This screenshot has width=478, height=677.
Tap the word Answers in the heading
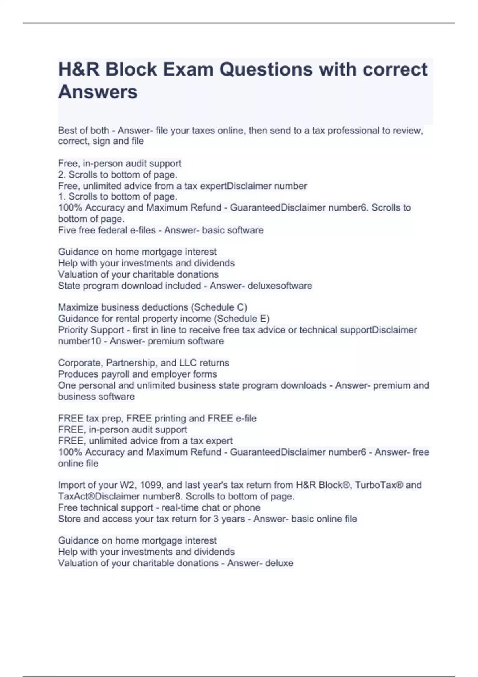tap(98, 92)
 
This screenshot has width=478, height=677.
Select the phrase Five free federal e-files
tap(107, 230)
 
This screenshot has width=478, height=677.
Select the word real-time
tap(182, 507)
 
